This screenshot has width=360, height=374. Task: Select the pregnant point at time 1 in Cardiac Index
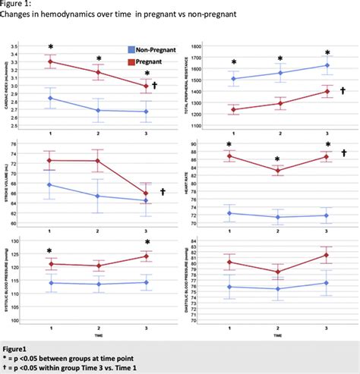pos(50,61)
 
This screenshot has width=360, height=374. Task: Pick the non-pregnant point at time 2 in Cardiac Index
pos(98,110)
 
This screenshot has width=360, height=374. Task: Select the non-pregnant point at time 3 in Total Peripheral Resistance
pos(327,65)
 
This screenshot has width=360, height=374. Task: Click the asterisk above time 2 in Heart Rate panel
pos(279,159)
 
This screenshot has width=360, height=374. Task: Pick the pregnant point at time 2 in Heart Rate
pos(279,171)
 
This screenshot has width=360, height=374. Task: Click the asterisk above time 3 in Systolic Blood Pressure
pos(147,244)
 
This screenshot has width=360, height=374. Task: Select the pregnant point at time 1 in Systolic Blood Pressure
pos(50,264)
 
